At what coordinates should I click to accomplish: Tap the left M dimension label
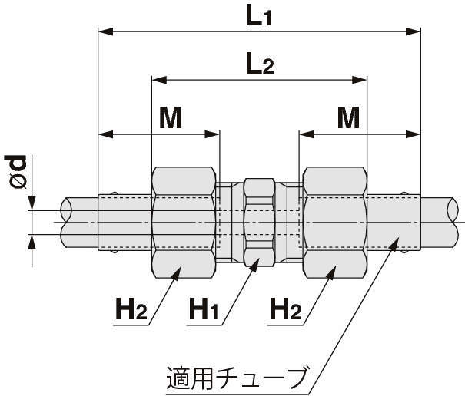tap(170, 118)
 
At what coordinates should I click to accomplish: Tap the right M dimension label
tap(348, 118)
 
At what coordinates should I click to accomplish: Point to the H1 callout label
tap(204, 310)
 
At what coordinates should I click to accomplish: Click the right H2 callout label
tap(285, 310)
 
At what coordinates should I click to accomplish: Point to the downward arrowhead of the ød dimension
tap(32, 205)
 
